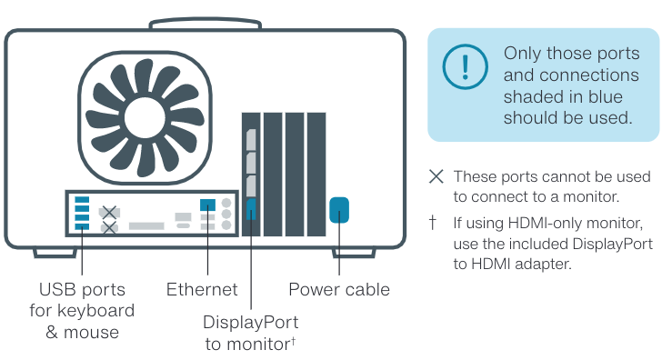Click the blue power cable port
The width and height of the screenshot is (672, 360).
click(x=339, y=210)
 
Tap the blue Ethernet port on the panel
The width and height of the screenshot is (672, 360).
click(x=207, y=205)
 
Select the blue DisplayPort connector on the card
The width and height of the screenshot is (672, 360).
click(x=251, y=209)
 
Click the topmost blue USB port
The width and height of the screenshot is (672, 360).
click(x=82, y=200)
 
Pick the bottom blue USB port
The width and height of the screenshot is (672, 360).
click(x=82, y=225)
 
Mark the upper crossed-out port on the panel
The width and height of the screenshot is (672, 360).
click(x=109, y=212)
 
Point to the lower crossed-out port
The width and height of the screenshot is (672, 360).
click(x=109, y=227)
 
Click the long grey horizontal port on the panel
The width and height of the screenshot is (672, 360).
click(x=146, y=225)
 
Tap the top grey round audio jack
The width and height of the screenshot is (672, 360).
click(x=226, y=203)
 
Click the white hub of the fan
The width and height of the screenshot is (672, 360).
click(x=145, y=117)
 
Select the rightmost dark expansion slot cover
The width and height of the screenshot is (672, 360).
click(x=316, y=174)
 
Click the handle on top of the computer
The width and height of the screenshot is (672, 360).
click(x=206, y=24)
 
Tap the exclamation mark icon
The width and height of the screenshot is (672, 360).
click(x=465, y=67)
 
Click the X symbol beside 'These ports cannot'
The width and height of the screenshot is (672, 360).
click(x=436, y=176)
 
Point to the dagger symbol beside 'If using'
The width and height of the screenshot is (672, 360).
click(x=433, y=222)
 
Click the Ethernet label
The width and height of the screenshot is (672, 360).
click(x=202, y=289)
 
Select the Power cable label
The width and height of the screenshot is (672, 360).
click(x=339, y=289)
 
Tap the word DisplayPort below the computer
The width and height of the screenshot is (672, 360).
click(x=251, y=323)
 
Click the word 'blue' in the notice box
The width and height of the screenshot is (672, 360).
click(x=606, y=96)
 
